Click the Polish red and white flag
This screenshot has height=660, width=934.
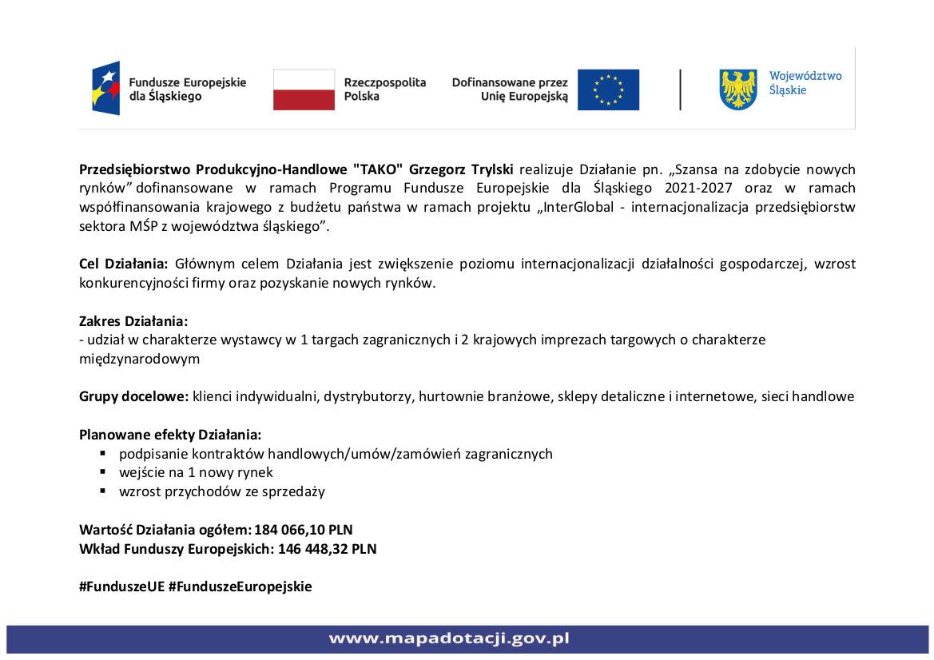[x=304, y=89]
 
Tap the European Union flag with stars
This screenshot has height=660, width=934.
[x=608, y=89]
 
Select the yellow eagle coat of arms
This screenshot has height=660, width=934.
[x=738, y=89]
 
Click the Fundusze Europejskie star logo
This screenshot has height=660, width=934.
[x=106, y=88]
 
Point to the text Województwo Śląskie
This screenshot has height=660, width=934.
[x=805, y=83]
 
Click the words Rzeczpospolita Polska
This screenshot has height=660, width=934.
[x=384, y=89]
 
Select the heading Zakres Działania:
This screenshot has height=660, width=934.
[x=133, y=321]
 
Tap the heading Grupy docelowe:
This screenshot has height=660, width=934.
[x=133, y=396]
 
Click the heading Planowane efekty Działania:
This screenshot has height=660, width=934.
[x=170, y=435]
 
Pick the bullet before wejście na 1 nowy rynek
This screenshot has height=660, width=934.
[x=103, y=472]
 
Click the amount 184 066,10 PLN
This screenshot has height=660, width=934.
[x=304, y=530]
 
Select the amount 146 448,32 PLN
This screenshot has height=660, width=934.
[x=327, y=549]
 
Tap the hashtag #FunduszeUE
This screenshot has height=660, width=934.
[x=121, y=586]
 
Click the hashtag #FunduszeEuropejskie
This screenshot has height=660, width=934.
[x=240, y=586]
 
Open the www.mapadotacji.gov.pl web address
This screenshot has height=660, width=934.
[x=449, y=639]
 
